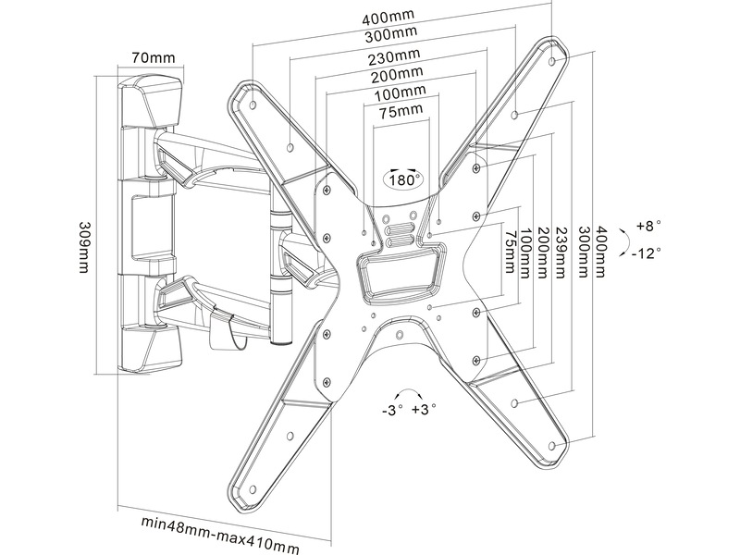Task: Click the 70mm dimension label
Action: pyautogui.click(x=154, y=58)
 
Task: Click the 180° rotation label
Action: pyautogui.click(x=404, y=179)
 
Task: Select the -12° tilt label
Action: pyautogui.click(x=647, y=253)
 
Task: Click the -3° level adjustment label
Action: pyautogui.click(x=392, y=409)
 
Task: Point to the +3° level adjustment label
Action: pyautogui.click(x=425, y=409)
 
